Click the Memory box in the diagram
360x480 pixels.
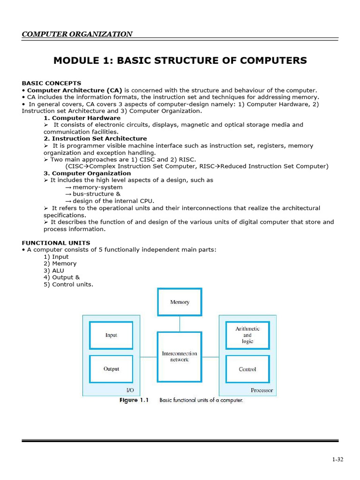point(180,302)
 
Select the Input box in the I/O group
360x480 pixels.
point(111,335)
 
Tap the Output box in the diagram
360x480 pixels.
point(111,369)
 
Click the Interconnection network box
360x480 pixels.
point(180,356)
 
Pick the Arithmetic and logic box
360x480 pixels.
point(247,335)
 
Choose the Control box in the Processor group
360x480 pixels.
point(247,369)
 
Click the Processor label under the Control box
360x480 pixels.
point(262,390)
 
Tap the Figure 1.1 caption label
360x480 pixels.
point(134,400)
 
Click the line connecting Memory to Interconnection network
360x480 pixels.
point(180,324)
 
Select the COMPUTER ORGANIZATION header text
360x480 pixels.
point(77,34)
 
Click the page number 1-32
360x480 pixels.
point(337,459)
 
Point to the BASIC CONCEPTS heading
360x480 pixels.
point(52,83)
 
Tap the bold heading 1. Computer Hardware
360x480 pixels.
point(82,118)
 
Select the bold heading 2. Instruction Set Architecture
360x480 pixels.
point(95,139)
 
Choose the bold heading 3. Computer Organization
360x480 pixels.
point(87,173)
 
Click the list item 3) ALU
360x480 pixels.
point(54,270)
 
